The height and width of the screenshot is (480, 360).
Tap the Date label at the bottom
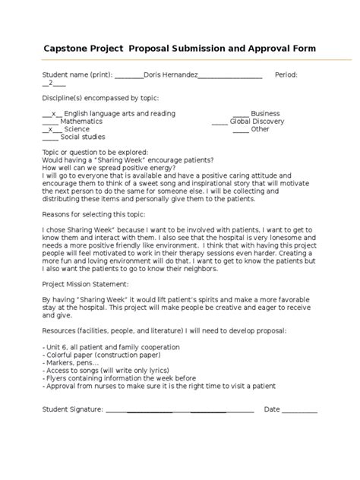point(272,409)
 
